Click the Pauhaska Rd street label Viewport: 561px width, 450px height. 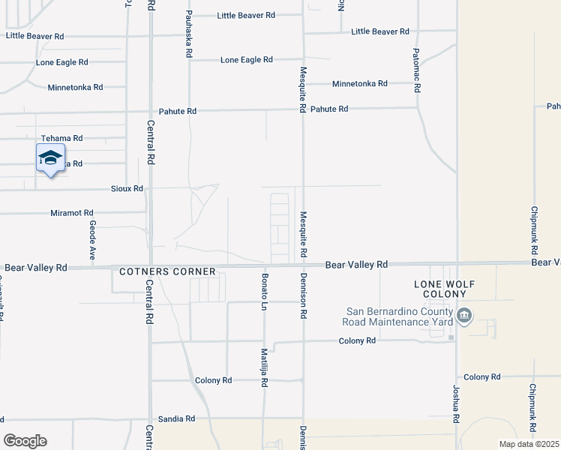pos(189,34)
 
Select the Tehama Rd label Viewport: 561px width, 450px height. pos(61,139)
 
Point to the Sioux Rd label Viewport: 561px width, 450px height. pos(126,188)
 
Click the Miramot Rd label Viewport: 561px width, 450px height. pos(72,213)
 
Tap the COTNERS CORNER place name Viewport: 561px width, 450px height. pos(167,271)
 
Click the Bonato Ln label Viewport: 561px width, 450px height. pos(264,289)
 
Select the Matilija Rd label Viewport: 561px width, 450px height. pos(264,367)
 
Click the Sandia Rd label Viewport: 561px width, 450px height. pos(176,418)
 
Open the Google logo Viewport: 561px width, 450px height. pos(25,441)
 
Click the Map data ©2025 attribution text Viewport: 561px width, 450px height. pos(529,444)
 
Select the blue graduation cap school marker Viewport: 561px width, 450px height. pos(50,159)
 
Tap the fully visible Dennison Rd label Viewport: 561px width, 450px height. pos(304,296)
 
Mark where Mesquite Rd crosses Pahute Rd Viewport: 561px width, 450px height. pos(303,109)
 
